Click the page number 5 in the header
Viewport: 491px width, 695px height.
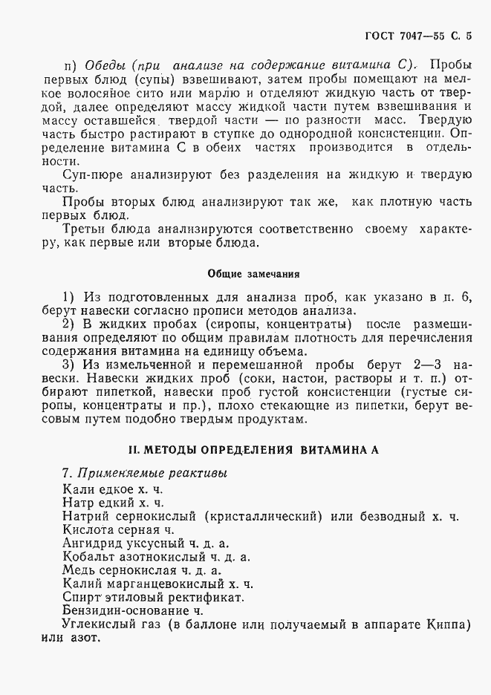pos(469,34)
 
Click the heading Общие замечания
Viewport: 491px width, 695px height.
pos(245,273)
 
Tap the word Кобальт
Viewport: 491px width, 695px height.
pos(88,557)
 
